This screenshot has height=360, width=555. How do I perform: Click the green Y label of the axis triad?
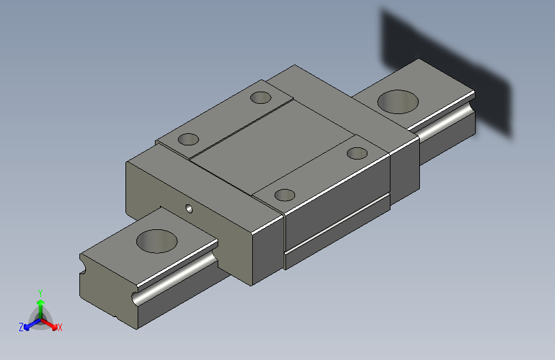coord(40,293)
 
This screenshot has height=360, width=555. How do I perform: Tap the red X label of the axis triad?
coord(60,327)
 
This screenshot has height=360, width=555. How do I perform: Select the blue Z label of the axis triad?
coord(21,327)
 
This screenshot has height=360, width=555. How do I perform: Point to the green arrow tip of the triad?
coord(41,302)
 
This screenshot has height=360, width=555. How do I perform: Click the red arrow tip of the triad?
coord(54,327)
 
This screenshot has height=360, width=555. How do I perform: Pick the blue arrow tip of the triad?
coord(27,327)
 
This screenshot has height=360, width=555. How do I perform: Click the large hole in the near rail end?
coord(157,241)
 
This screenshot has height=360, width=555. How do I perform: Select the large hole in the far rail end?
coord(398,102)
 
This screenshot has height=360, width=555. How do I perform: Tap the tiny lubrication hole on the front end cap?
coord(189,209)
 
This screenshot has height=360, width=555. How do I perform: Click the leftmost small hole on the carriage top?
coord(188,139)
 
